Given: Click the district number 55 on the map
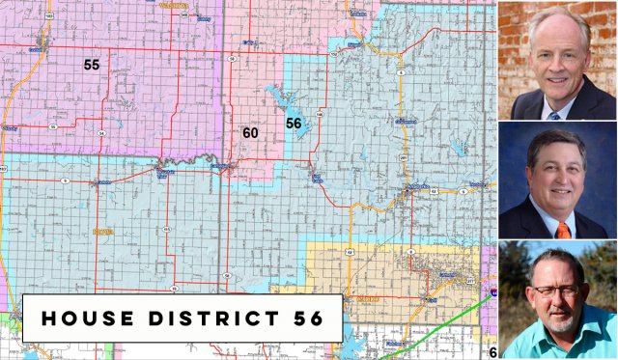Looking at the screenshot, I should click(x=92, y=65).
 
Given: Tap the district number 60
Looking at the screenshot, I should click(x=250, y=132).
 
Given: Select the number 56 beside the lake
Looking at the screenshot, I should click(x=294, y=123).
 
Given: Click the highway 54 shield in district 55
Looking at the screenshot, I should click(x=100, y=132).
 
